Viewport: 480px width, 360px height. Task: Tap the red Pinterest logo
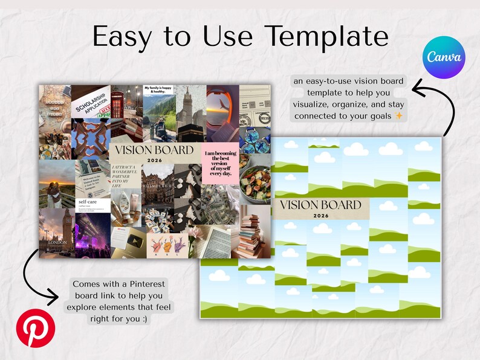coord(35,327)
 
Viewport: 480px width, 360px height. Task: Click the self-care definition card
coord(92,205)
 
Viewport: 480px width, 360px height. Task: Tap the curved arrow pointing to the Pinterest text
coord(36,275)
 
